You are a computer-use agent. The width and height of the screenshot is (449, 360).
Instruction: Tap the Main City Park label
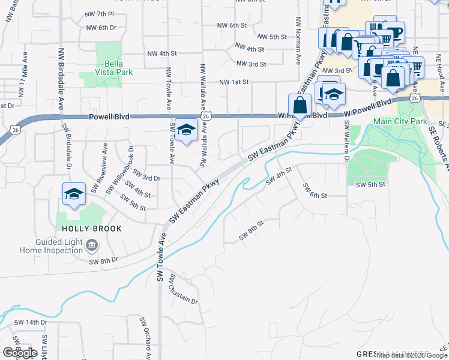(400, 121)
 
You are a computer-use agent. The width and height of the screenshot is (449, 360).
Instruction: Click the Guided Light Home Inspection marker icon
(92, 244)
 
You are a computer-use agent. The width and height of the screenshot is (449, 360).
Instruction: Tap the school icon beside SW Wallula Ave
(187, 131)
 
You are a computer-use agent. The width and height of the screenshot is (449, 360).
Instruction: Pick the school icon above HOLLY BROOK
(74, 194)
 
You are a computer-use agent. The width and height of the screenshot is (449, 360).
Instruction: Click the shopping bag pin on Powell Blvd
(300, 105)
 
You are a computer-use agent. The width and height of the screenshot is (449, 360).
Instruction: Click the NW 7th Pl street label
(100, 14)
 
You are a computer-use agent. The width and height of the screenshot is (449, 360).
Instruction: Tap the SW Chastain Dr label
(183, 290)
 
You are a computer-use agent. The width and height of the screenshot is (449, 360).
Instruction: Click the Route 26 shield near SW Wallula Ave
(206, 115)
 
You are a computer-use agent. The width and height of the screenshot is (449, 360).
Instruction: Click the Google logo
(20, 352)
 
